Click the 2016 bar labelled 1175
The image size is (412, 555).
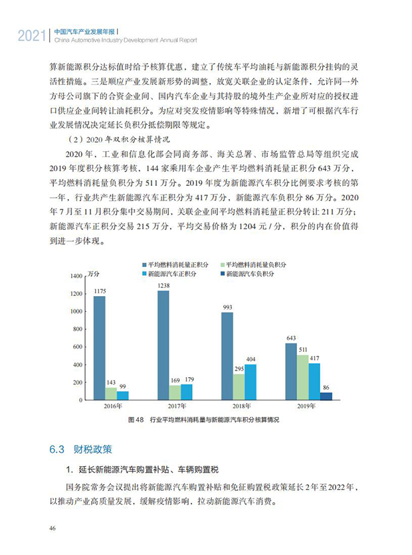(99, 348)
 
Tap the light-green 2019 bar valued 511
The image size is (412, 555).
(302, 377)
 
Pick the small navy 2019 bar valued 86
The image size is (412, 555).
(326, 396)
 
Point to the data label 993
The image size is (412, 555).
(227, 307)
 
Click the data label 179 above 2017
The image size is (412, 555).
(187, 379)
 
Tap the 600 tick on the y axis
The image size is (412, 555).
(77, 347)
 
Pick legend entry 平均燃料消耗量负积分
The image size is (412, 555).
(253, 264)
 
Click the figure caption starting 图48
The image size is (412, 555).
(203, 420)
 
